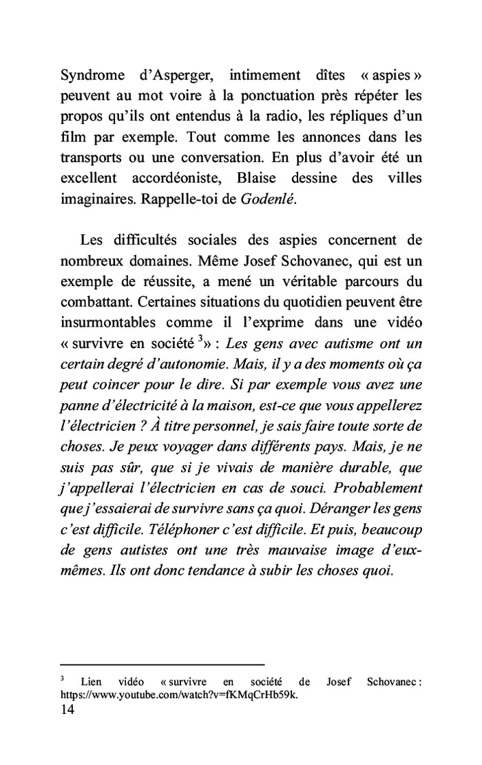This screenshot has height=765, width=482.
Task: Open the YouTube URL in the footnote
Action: [x=180, y=695]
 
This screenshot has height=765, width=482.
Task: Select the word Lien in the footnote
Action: [x=91, y=682]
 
